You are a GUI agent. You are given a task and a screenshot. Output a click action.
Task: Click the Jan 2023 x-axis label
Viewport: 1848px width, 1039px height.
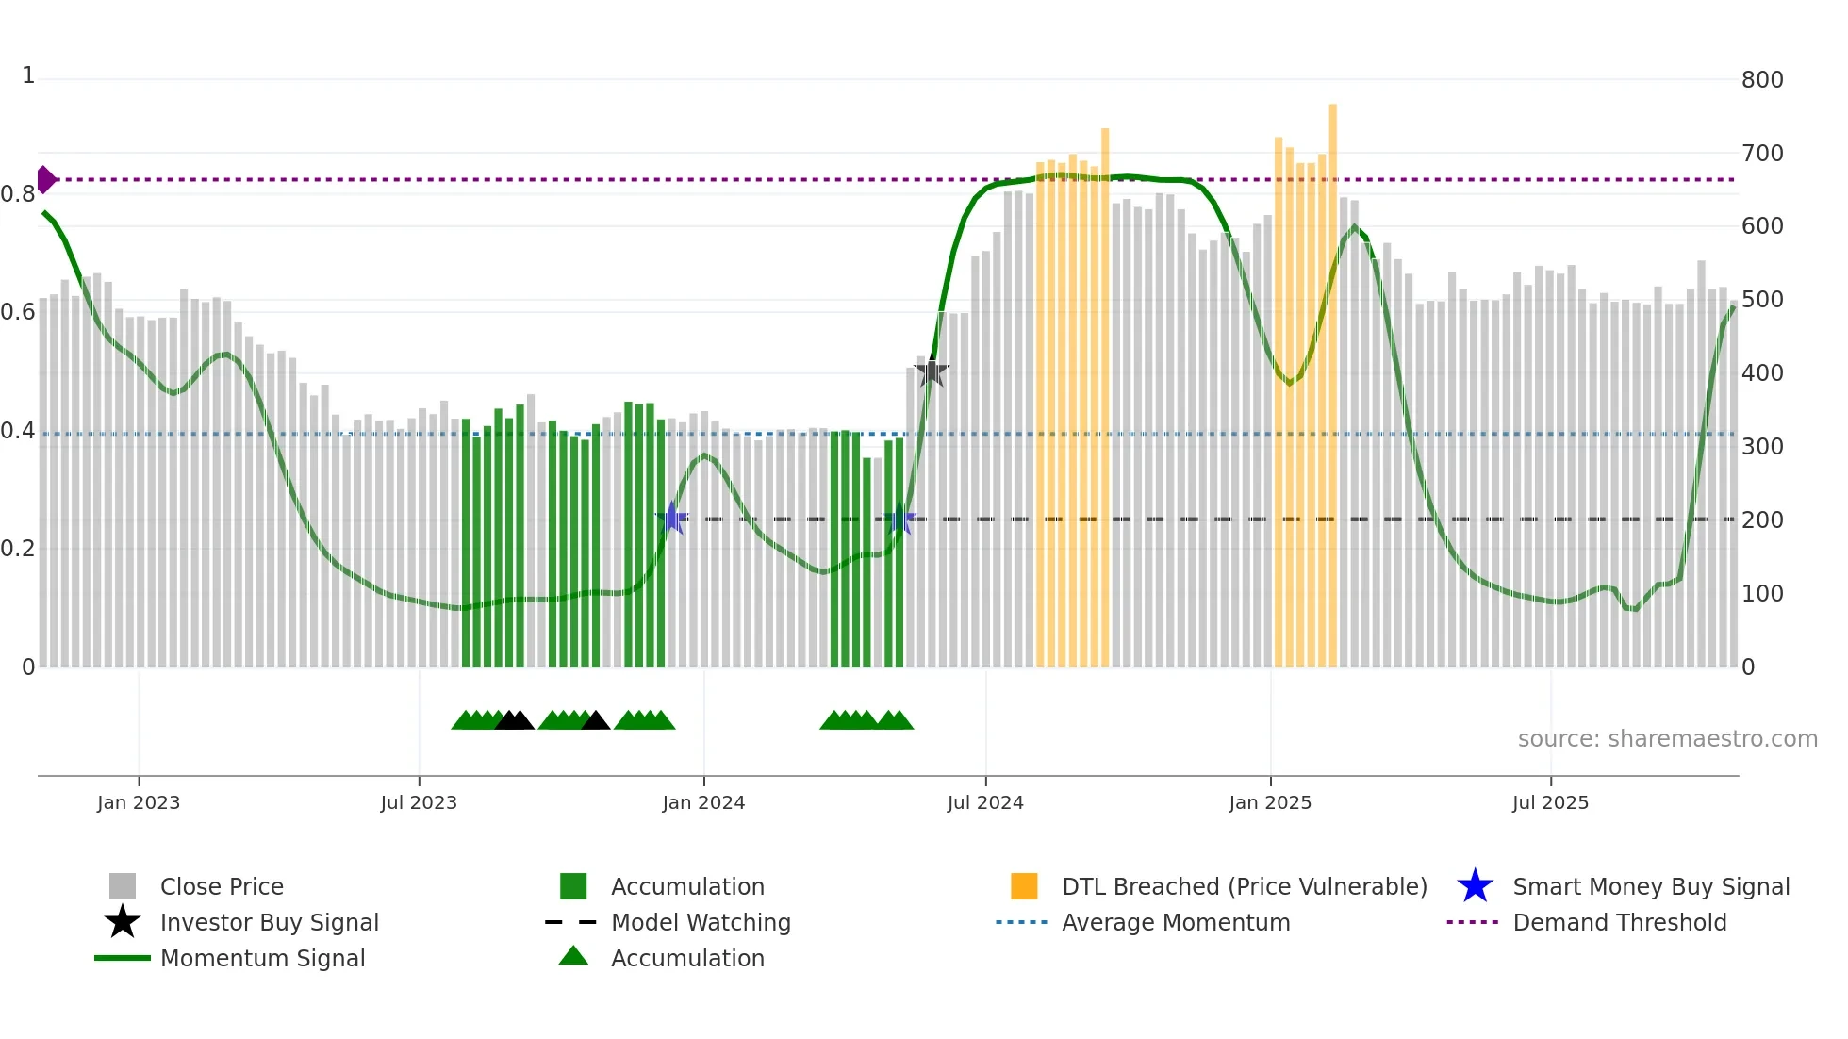(138, 802)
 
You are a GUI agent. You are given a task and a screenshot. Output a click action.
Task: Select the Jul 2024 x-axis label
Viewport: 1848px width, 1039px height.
(985, 802)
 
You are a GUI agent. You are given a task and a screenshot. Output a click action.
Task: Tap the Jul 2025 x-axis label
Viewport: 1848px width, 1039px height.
(1550, 802)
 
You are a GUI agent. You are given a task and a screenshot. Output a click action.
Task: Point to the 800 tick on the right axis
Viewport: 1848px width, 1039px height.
(1762, 80)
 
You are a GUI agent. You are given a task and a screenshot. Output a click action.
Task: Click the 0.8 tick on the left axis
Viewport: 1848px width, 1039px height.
(18, 194)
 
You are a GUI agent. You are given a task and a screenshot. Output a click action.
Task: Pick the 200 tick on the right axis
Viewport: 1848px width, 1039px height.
(1762, 520)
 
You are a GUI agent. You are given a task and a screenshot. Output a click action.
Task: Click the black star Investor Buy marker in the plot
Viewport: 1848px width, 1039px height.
(932, 371)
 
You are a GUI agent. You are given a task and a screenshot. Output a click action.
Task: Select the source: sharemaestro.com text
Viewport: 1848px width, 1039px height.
(1667, 739)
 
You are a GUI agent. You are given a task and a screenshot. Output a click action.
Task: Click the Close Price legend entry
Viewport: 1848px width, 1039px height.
(222, 886)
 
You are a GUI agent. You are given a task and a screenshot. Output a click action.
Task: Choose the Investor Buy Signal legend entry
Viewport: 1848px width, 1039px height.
(269, 922)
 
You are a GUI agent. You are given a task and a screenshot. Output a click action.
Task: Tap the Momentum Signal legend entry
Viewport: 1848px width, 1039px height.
(262, 958)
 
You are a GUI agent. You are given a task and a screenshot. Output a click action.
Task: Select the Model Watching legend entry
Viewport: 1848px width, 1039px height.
(701, 922)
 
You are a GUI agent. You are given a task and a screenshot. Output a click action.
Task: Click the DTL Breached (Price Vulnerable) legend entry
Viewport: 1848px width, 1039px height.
(1244, 886)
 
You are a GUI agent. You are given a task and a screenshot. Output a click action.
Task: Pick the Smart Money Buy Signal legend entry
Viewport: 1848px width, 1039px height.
(1651, 886)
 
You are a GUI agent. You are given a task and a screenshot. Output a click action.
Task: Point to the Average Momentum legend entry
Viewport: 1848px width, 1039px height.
(1176, 922)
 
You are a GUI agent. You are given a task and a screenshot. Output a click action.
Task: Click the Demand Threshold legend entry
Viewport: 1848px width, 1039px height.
(1619, 922)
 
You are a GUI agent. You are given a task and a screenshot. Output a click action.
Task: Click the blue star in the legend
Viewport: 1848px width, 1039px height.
(1475, 886)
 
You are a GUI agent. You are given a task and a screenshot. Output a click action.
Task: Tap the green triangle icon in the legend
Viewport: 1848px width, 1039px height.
(573, 956)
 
